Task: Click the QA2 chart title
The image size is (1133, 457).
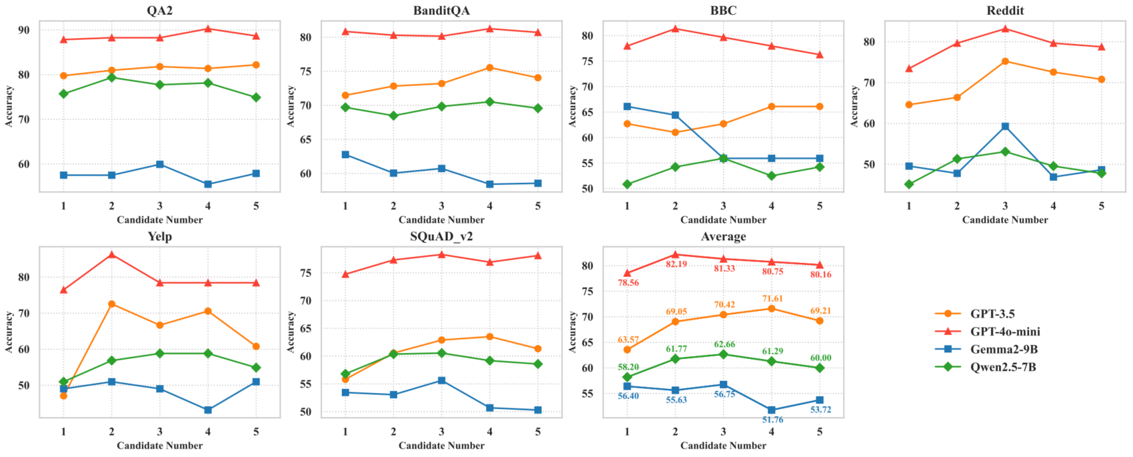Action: [159, 10]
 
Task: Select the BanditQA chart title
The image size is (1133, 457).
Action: [441, 10]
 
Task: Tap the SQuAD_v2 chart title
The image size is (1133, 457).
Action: [441, 236]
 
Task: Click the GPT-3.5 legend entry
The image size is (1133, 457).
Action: [992, 314]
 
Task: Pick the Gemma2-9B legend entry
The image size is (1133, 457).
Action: [1004, 349]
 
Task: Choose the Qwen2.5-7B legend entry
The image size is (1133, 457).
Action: [1003, 367]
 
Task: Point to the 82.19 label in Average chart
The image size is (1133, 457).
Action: [676, 264]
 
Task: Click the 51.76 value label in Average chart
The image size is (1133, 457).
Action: [772, 420]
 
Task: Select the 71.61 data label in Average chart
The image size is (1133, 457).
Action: [772, 298]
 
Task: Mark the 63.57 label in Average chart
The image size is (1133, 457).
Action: [628, 340]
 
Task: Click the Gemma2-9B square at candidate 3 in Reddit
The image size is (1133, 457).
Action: [1005, 126]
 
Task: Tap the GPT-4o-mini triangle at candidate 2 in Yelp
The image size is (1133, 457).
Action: [111, 254]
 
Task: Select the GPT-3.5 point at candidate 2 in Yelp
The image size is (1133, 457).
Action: [111, 304]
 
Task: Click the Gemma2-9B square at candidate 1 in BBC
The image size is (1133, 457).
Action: [627, 107]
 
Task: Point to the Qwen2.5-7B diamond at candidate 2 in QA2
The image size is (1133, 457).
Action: [111, 77]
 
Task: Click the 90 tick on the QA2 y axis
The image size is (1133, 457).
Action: [24, 30]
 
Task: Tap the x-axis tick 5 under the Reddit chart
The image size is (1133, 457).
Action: [1101, 206]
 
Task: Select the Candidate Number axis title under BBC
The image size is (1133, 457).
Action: [723, 219]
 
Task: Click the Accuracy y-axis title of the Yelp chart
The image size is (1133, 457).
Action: [9, 332]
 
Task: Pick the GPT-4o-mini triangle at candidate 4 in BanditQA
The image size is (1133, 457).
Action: [490, 29]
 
